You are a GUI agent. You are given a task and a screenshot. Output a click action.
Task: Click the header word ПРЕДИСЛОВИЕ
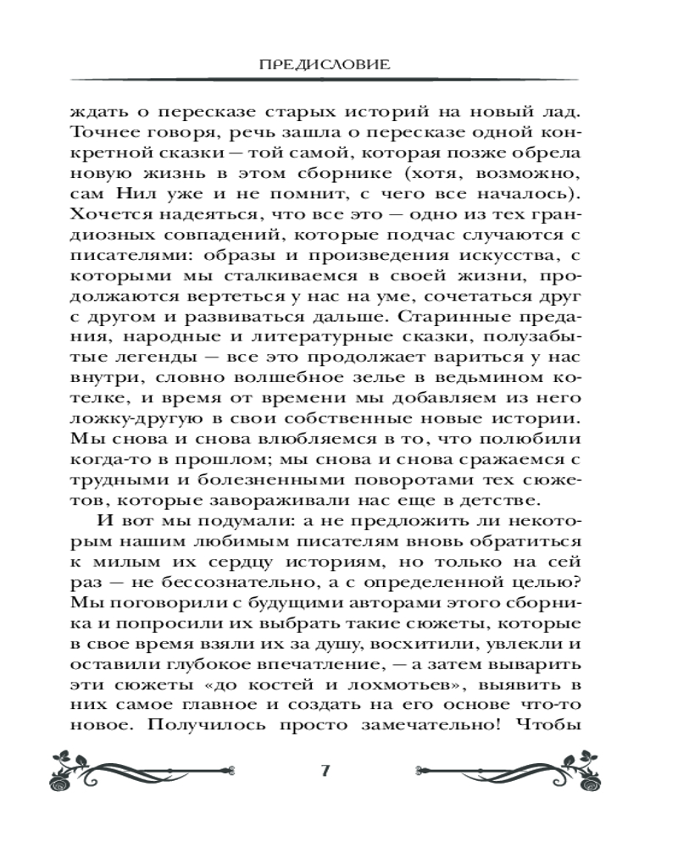338,64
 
